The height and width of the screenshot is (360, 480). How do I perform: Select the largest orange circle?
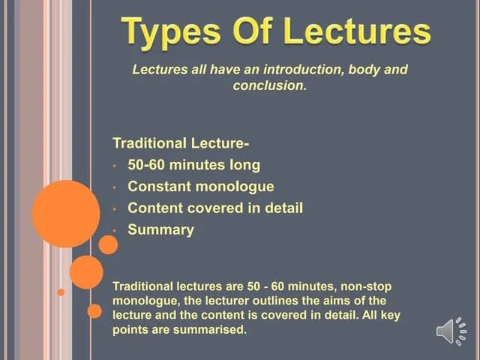coord(66,214)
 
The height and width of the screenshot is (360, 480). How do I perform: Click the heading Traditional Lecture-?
coord(181,143)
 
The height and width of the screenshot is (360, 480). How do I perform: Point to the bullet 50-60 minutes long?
coord(193,165)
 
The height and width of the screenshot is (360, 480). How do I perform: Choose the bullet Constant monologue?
coord(200,187)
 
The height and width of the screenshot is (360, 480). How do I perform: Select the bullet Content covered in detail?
coord(214,208)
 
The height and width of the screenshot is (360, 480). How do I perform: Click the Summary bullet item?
coord(160,230)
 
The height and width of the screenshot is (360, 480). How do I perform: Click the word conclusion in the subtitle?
coord(268,86)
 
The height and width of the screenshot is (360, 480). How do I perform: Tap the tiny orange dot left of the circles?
coord(61,292)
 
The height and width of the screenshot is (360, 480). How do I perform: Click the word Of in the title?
coord(253,32)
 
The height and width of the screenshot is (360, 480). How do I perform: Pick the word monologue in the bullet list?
coord(238,187)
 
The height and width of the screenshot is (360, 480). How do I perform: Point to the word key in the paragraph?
coord(390,316)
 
